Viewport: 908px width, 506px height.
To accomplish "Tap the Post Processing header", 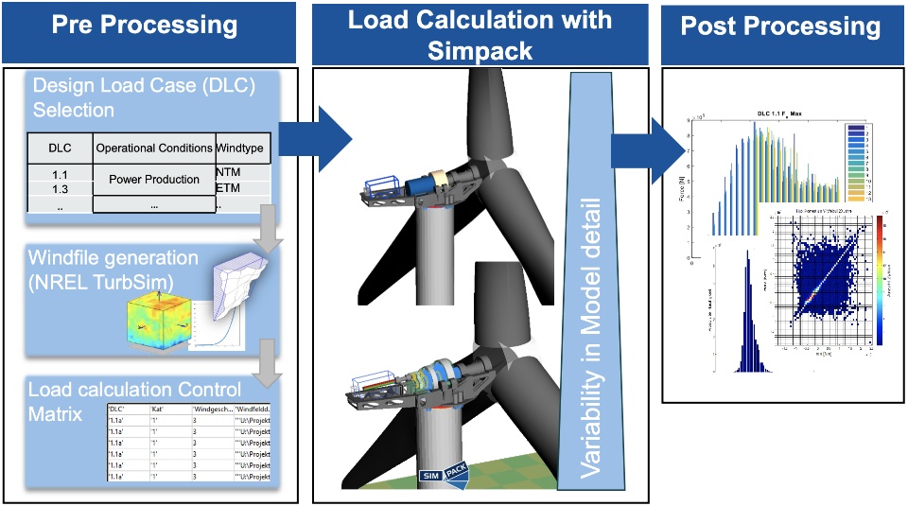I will point(781,26).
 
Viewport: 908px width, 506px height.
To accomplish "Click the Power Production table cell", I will point(154,180).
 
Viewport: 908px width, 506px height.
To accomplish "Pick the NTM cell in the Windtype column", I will point(228,172).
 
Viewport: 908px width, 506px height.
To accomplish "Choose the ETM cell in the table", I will point(228,188).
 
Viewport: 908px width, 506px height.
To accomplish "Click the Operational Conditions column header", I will point(154,148).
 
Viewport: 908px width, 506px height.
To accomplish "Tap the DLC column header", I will point(59,148).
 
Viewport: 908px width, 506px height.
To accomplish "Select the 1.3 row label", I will point(59,188).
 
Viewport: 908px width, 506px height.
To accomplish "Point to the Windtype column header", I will point(243,148).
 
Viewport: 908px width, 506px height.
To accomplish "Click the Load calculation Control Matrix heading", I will point(135,399).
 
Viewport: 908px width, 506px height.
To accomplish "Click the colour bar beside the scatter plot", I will point(881,274).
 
